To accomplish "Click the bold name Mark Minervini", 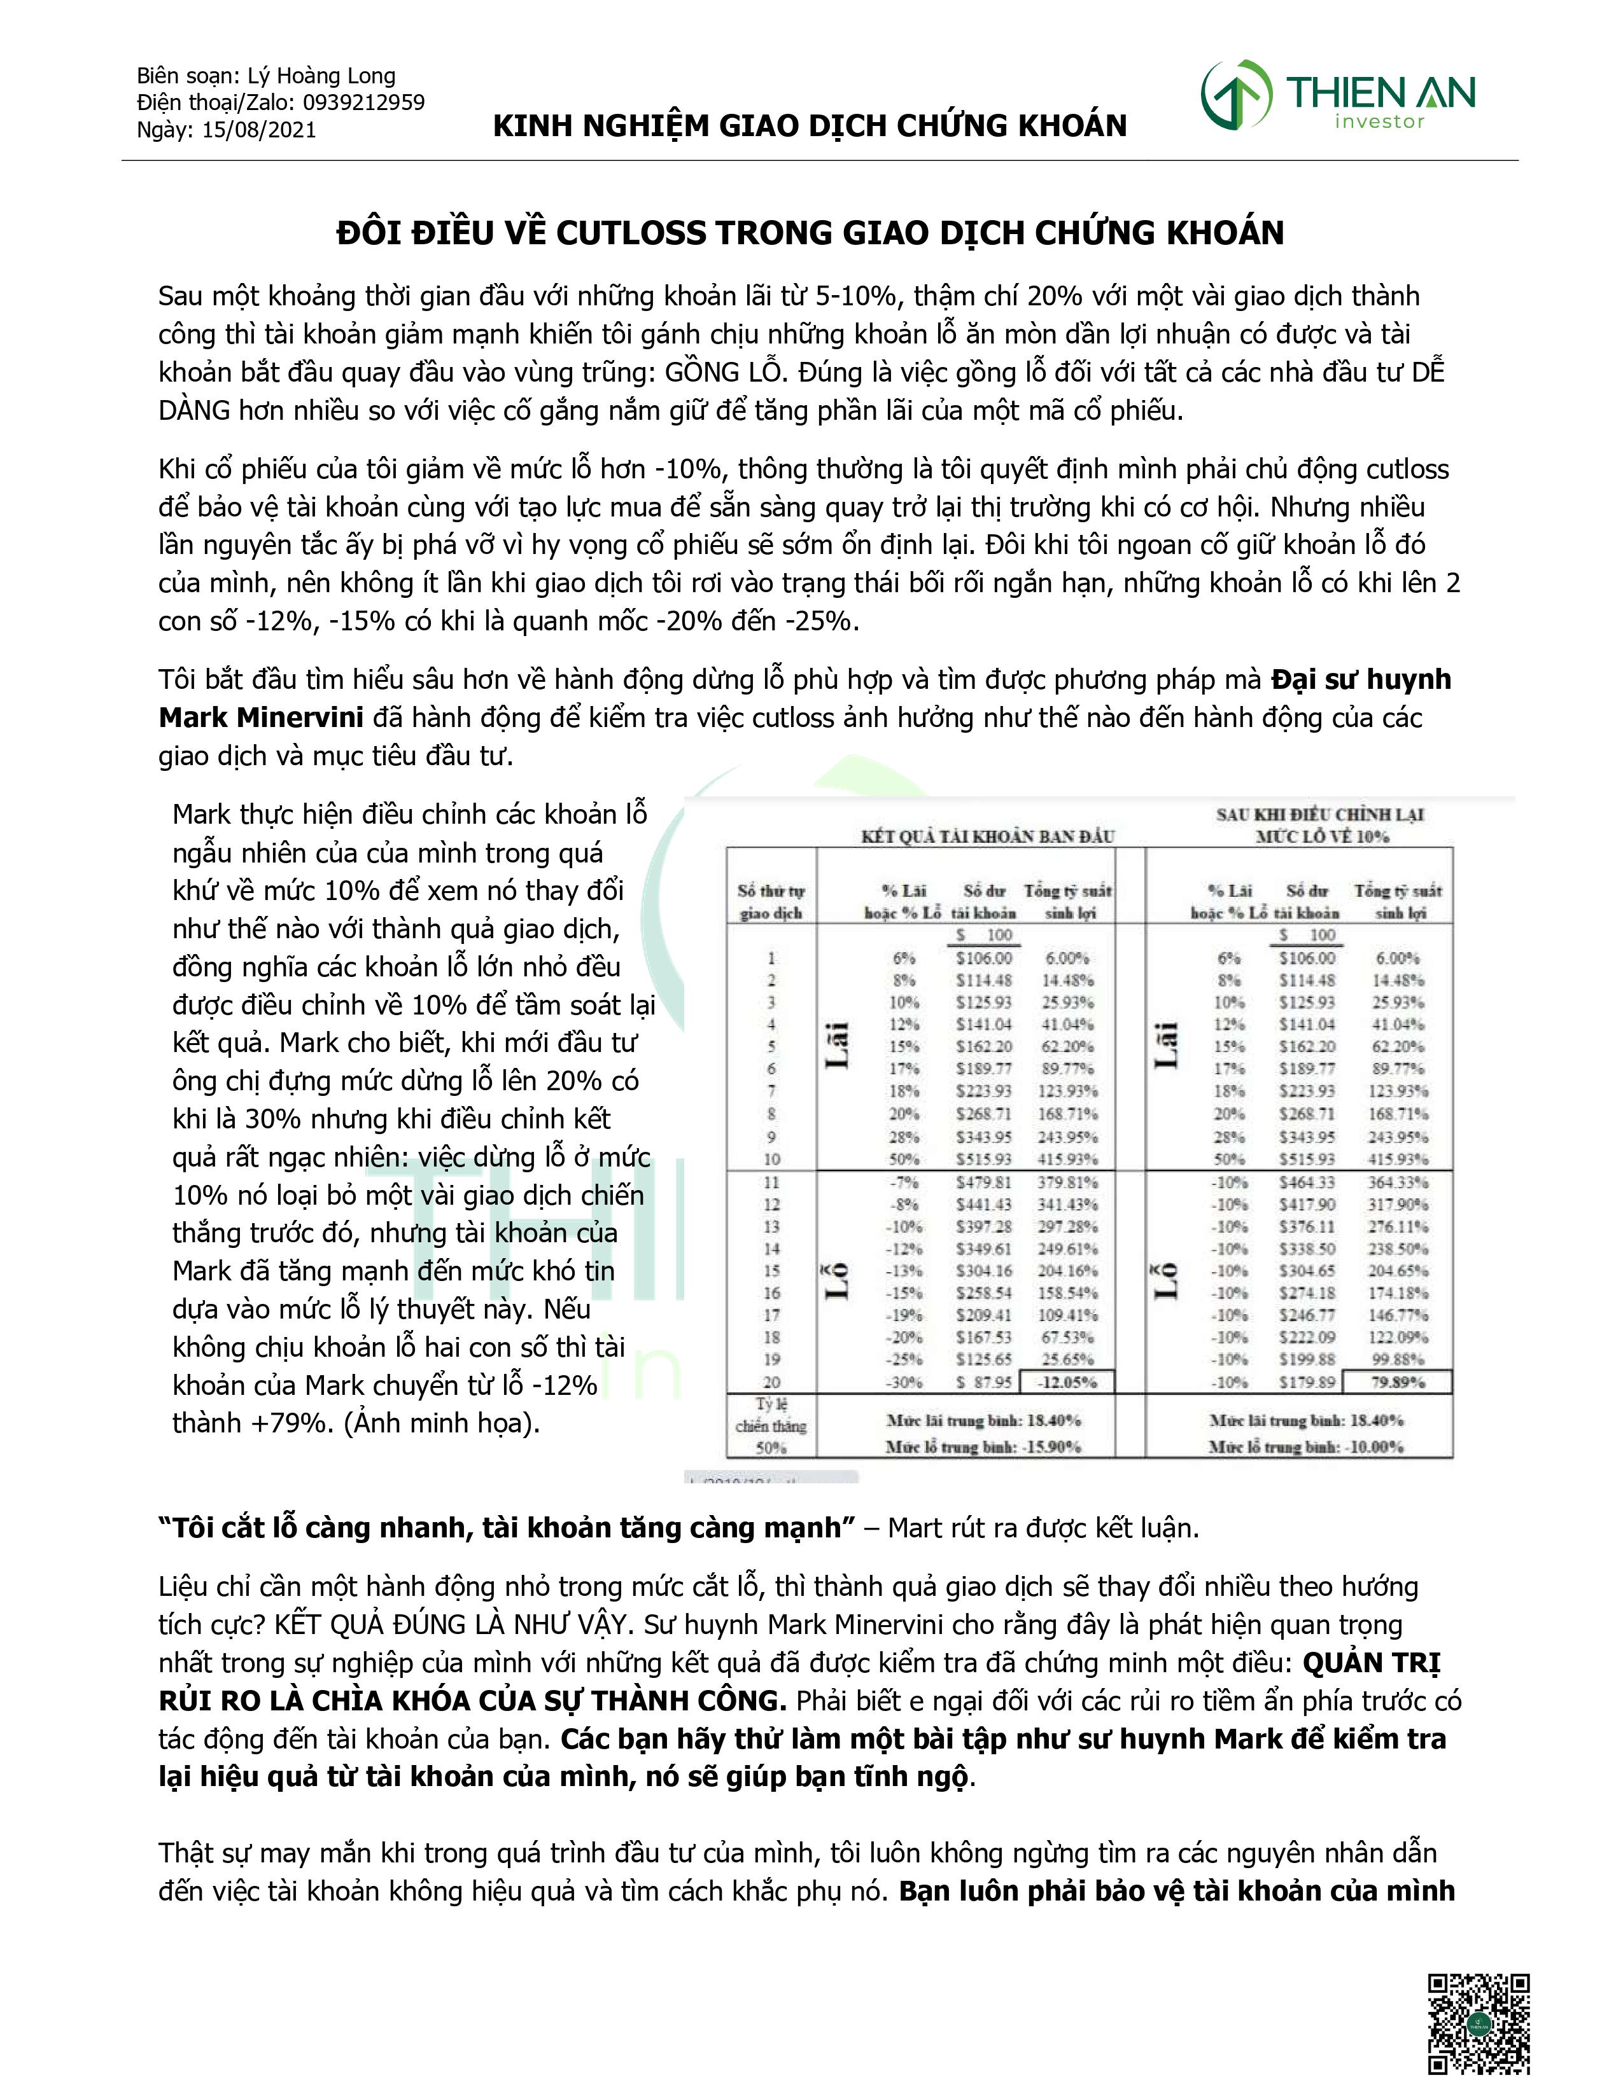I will (260, 718).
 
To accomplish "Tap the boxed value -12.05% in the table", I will (1065, 1382).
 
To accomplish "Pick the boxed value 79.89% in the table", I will (1397, 1382).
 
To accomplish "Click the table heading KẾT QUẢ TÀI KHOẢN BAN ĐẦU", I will (987, 836).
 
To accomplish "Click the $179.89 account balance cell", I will (1308, 1382).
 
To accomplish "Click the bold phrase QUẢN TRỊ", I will (1371, 1663).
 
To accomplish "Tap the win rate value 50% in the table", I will (770, 1448).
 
